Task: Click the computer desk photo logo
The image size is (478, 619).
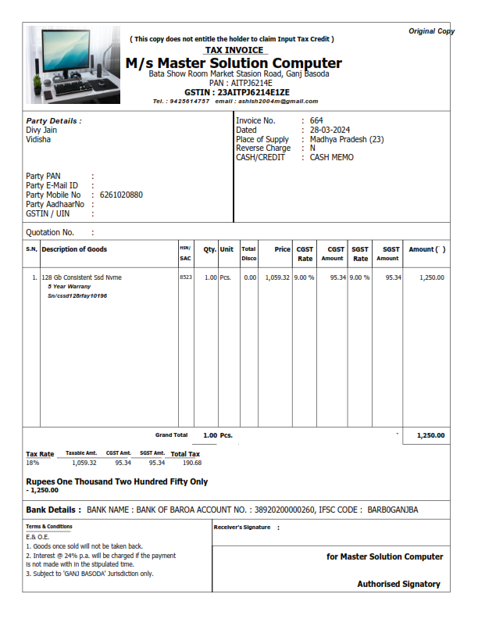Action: [73, 65]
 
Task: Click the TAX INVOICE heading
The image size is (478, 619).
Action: [234, 50]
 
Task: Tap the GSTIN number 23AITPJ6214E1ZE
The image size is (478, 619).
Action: [237, 92]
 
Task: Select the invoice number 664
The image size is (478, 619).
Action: [316, 121]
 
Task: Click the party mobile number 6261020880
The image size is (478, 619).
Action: [121, 195]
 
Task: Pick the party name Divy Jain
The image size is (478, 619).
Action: [41, 131]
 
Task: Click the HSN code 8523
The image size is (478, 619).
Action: [185, 277]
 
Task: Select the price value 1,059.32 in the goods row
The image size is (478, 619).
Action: [277, 277]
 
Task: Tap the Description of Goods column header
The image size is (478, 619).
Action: [74, 250]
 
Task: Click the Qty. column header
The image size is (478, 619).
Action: [209, 250]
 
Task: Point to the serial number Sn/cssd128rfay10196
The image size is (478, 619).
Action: [77, 296]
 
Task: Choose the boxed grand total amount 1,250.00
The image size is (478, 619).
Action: [430, 436]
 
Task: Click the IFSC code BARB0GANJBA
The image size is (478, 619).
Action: [393, 510]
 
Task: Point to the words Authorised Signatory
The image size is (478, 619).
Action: [398, 585]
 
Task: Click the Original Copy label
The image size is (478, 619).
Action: [431, 31]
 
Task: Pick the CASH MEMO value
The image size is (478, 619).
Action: [332, 158]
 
